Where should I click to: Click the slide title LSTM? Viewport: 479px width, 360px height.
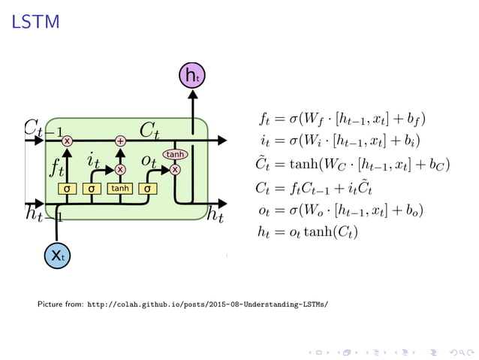pos(35,23)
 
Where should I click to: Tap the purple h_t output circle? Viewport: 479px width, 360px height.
pos(194,74)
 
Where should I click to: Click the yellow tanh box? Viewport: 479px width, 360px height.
pos(120,188)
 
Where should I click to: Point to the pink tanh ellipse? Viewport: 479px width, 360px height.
pos(175,154)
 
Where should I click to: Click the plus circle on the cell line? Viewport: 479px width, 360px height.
pos(120,141)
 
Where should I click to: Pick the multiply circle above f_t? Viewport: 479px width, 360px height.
pos(67,141)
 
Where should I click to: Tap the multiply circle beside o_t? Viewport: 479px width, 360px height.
pos(175,170)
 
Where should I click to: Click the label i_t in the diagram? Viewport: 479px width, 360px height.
pos(94,159)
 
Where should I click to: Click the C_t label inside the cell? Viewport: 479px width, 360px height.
pos(149,130)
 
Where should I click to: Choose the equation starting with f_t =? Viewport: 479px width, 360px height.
pos(342,119)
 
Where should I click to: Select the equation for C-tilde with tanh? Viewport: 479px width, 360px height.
pos(353,164)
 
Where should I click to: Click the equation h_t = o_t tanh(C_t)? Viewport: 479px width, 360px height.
pos(307,232)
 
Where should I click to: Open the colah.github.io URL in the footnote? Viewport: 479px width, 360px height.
pos(208,305)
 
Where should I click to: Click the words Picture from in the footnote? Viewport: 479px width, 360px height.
pos(61,305)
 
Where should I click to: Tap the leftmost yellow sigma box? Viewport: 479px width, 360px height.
pos(67,188)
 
